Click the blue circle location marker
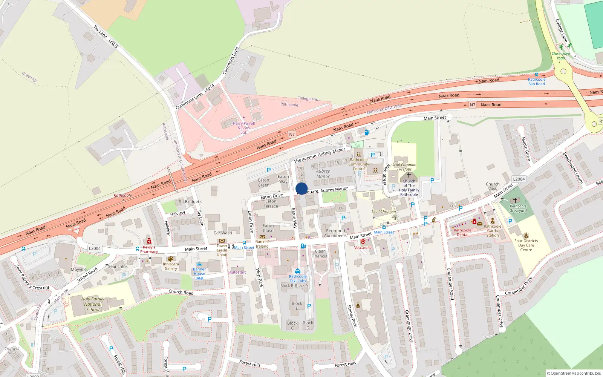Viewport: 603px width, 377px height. pos(301,188)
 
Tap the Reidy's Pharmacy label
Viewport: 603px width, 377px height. pos(149,250)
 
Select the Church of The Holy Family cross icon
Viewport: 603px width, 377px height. pos(409,175)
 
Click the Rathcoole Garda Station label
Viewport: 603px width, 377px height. pos(493,231)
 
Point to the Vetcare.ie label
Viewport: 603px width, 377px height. pos(363,248)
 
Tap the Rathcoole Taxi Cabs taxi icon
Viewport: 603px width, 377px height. pos(298,271)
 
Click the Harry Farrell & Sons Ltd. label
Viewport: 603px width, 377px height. pos(243,128)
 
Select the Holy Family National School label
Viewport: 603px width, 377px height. pos(93,304)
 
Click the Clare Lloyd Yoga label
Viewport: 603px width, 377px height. pos(561,56)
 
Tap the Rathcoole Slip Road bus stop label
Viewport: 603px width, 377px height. pos(537,81)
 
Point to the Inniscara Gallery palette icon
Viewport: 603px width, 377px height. pos(170,259)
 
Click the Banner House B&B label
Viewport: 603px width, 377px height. pos(199,274)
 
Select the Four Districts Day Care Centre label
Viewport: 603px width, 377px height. pos(526,245)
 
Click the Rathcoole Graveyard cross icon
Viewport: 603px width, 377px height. pos(515,201)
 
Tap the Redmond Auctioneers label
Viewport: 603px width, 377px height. pos(335,233)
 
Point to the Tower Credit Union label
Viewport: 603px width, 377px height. pos(222,250)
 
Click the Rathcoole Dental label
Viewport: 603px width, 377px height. pos(462,232)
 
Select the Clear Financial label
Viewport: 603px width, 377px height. pos(320,254)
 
